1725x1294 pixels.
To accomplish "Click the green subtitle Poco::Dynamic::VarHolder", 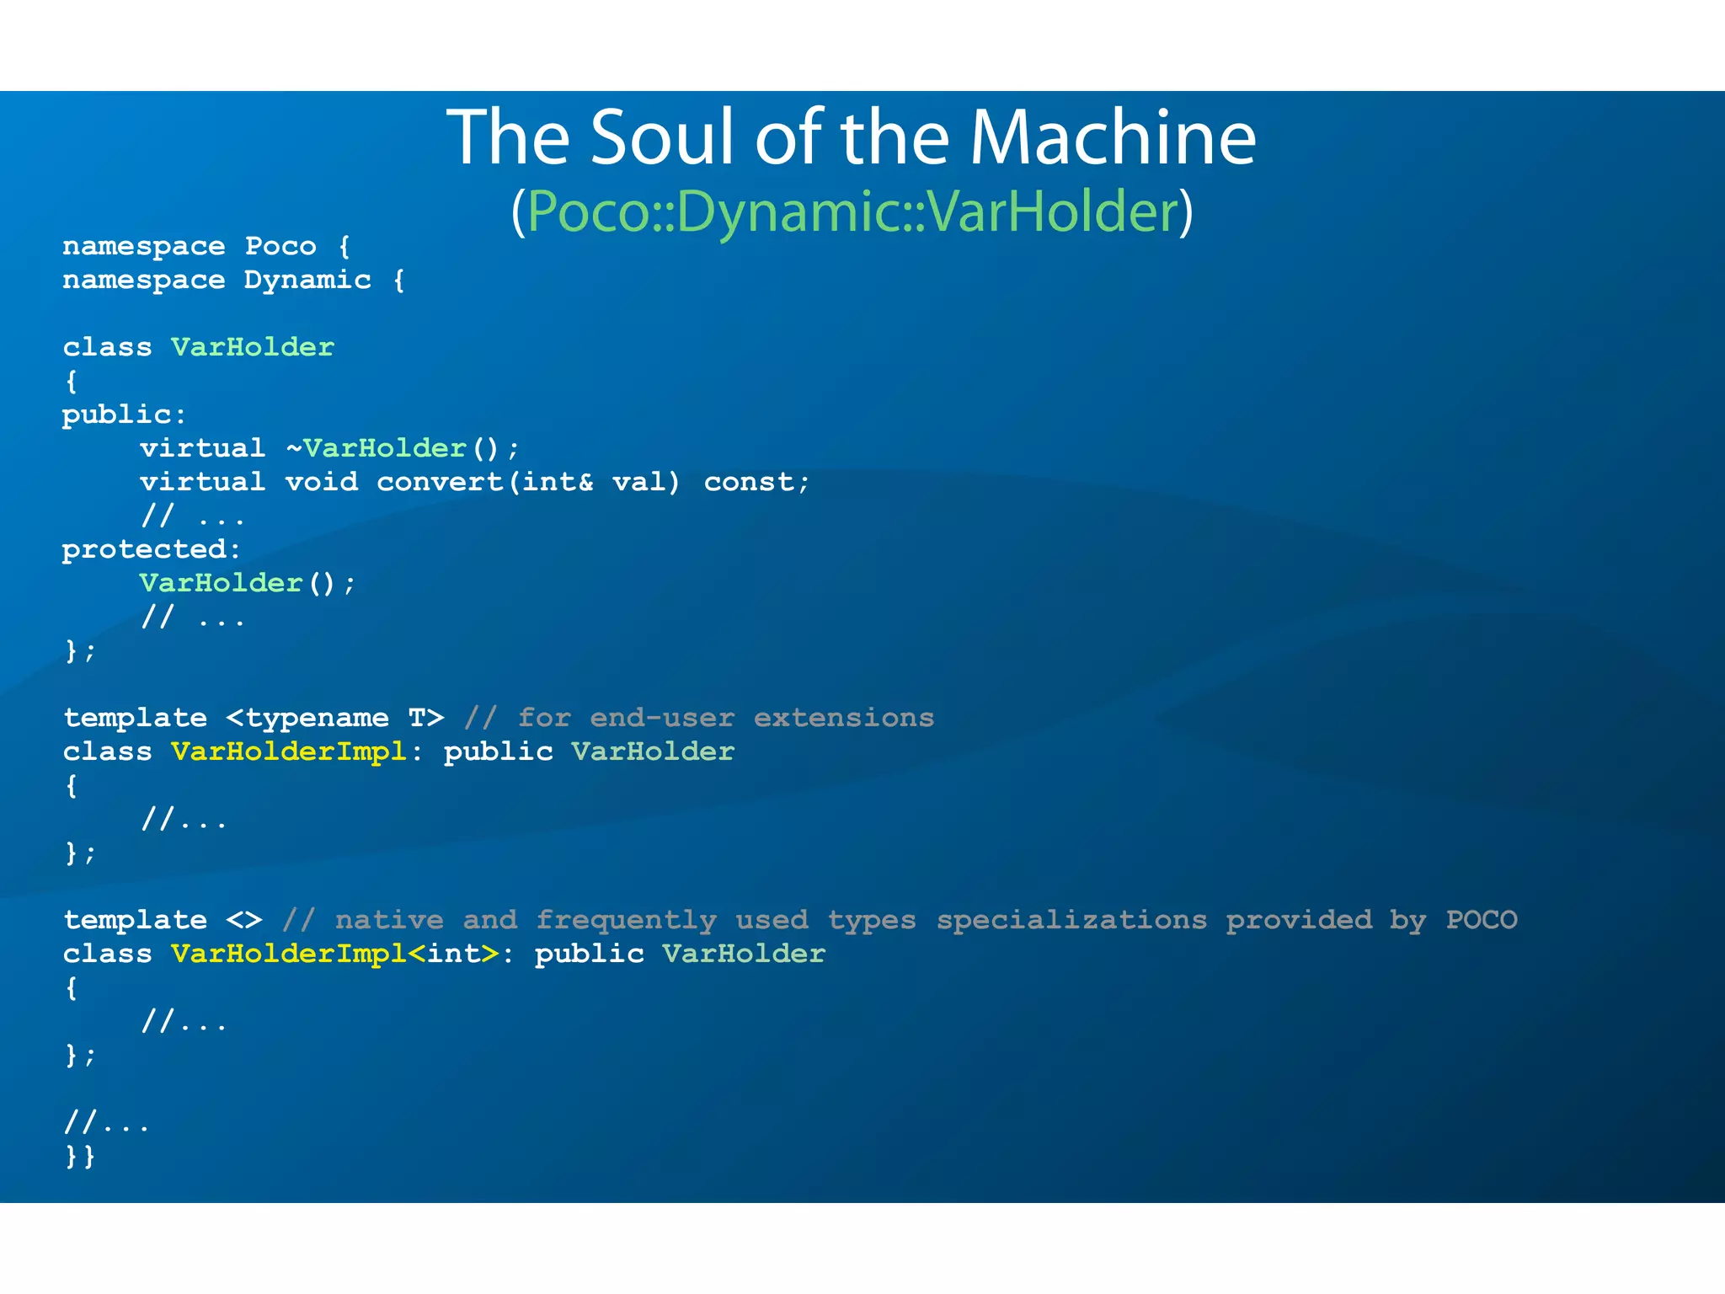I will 852,211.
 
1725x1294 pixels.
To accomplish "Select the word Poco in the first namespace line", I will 280,247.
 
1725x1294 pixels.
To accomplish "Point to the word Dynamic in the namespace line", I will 307,281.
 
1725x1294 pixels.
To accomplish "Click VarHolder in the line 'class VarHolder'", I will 253,348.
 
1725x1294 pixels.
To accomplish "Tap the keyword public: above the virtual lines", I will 124,415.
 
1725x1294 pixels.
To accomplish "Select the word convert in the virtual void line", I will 439,482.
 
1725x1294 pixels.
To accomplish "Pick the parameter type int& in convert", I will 557,482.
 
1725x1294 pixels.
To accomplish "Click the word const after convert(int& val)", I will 750,482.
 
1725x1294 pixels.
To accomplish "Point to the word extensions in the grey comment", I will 843,718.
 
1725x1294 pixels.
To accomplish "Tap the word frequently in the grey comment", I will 626,920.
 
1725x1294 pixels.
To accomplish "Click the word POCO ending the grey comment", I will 1481,920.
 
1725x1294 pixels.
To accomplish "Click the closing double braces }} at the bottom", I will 80,1156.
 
